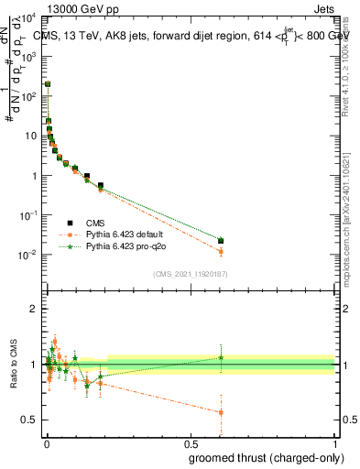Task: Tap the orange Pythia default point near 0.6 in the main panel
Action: click(x=221, y=251)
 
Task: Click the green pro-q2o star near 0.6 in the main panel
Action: click(x=221, y=240)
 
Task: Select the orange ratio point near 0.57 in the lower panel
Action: click(x=221, y=412)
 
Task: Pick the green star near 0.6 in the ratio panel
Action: click(x=221, y=357)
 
